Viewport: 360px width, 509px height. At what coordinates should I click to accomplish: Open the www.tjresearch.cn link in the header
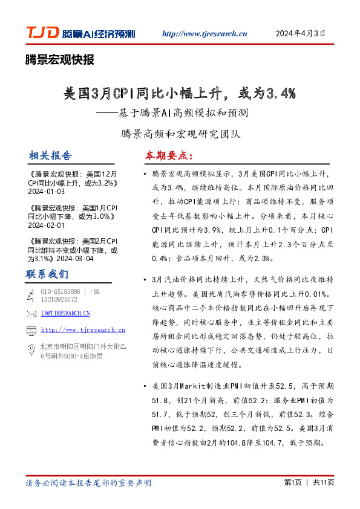205,34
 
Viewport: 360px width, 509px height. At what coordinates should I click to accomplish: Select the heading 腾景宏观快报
59,59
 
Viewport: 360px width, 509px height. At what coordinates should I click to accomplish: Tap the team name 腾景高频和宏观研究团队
180,133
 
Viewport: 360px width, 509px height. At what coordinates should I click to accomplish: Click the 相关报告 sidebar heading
49,155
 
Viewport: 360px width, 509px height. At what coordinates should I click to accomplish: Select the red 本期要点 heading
168,155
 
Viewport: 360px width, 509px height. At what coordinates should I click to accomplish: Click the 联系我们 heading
47,274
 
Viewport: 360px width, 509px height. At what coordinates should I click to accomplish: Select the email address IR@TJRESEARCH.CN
65,313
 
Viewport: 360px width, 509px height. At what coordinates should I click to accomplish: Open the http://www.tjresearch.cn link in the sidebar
83,330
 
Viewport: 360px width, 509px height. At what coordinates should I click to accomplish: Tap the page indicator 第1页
292,483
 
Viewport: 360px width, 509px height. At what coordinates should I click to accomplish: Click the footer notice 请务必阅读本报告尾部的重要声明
88,483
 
